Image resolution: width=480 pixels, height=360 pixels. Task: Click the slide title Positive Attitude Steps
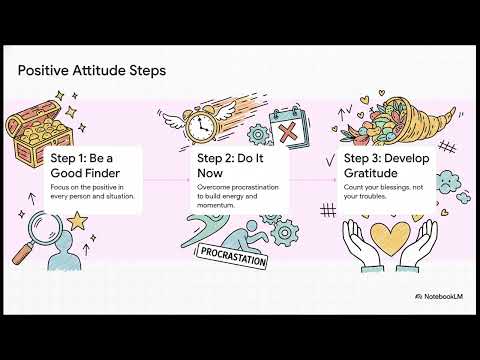(x=92, y=71)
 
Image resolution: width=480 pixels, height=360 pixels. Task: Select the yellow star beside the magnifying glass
(x=76, y=221)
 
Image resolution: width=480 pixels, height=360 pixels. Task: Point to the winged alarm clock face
(x=198, y=127)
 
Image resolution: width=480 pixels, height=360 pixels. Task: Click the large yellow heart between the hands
(x=389, y=233)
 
